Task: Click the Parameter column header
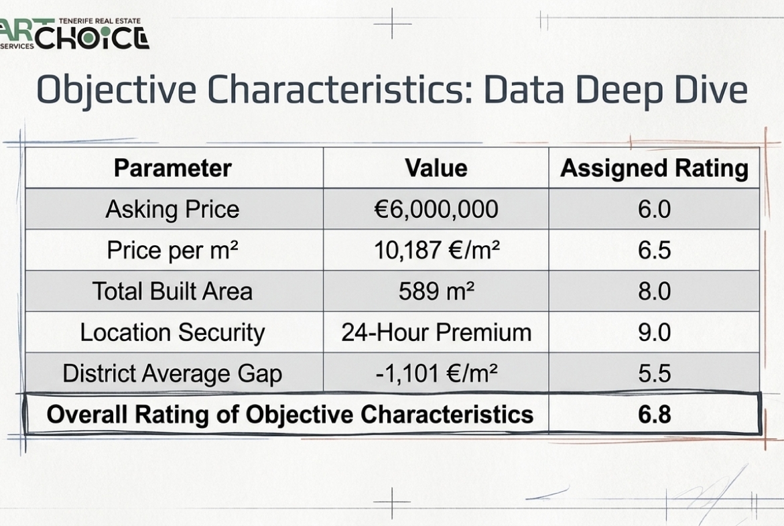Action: pyautogui.click(x=172, y=168)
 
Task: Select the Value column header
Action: pyautogui.click(x=436, y=168)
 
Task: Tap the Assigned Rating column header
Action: pyautogui.click(x=654, y=168)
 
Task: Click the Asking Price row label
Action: pyautogui.click(x=172, y=210)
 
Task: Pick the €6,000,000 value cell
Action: pyautogui.click(x=436, y=210)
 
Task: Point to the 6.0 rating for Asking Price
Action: pyautogui.click(x=654, y=210)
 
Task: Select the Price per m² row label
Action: pyautogui.click(x=172, y=251)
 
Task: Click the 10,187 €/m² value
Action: pyautogui.click(x=436, y=251)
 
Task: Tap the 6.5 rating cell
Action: pyautogui.click(x=654, y=251)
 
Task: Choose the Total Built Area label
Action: pyautogui.click(x=172, y=291)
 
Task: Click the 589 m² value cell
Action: pyautogui.click(x=436, y=291)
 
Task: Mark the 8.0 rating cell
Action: pyautogui.click(x=654, y=291)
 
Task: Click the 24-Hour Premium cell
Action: pyautogui.click(x=436, y=332)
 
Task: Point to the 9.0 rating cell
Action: pyautogui.click(x=654, y=332)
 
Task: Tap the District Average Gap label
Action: pyautogui.click(x=172, y=374)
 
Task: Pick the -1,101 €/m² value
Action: pyautogui.click(x=436, y=373)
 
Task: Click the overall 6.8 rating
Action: pyautogui.click(x=654, y=415)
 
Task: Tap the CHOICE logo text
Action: pyautogui.click(x=92, y=38)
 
